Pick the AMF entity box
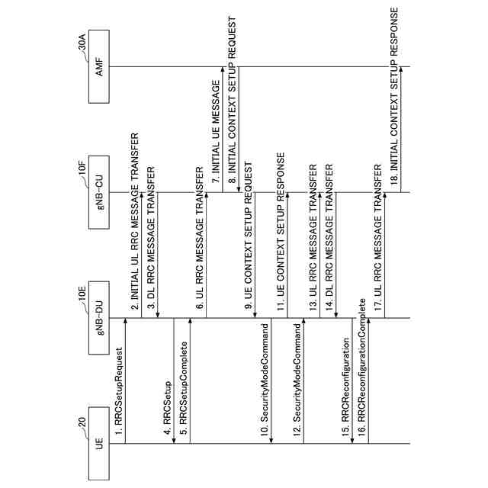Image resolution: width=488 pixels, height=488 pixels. [99, 66]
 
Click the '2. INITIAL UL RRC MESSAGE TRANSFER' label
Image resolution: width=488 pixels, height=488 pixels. [135, 226]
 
